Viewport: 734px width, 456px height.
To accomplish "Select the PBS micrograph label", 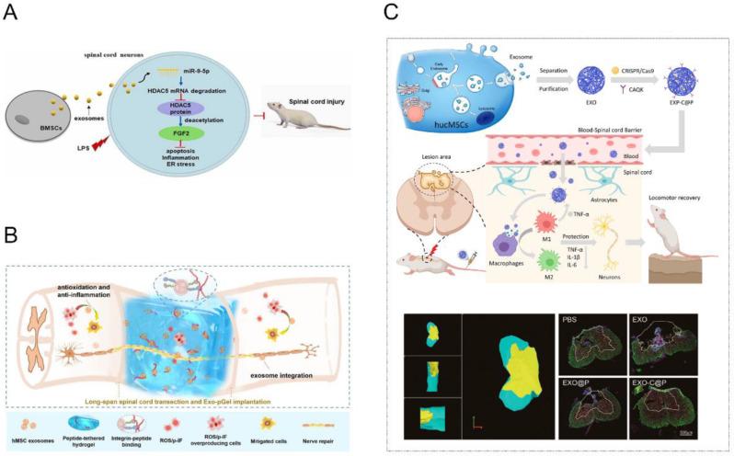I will pyautogui.click(x=570, y=321).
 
